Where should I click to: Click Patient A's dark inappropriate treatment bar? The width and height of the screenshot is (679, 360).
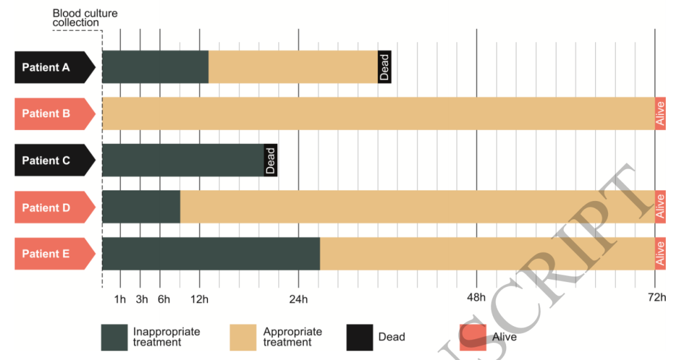click(x=155, y=67)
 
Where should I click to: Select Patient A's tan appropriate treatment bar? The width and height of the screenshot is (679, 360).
click(x=293, y=67)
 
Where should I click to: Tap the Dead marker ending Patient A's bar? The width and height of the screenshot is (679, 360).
click(x=385, y=67)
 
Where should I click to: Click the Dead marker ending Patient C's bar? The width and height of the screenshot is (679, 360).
click(x=270, y=160)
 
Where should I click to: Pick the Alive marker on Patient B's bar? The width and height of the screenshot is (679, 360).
click(x=660, y=114)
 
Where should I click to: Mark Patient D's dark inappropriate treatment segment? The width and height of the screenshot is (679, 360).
click(x=141, y=207)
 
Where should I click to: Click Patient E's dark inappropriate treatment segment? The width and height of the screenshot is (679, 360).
click(x=211, y=254)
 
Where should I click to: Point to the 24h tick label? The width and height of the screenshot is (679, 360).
click(x=298, y=299)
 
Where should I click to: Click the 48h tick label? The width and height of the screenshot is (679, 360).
click(x=477, y=299)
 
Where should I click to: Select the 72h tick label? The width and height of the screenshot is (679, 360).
click(x=656, y=299)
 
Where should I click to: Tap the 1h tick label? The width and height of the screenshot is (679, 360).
click(x=119, y=299)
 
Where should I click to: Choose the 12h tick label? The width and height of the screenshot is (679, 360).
click(x=200, y=299)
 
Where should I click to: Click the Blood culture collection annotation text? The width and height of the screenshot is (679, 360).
click(x=84, y=18)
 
